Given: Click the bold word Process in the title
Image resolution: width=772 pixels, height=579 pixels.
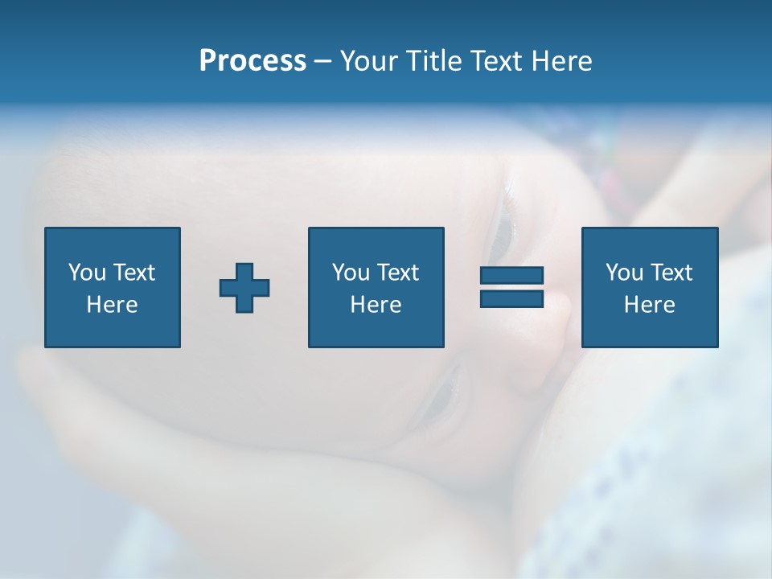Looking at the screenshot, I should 253,61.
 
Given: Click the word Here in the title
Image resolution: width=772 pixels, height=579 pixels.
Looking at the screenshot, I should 564,61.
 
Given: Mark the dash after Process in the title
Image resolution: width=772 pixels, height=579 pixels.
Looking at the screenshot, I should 322,62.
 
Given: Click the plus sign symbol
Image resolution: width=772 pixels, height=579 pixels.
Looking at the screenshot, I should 244,288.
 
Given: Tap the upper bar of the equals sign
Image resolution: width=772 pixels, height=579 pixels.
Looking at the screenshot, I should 511,276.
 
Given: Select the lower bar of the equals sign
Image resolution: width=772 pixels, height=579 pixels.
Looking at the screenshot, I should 511,298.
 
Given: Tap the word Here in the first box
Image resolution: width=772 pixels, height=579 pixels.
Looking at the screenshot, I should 112,305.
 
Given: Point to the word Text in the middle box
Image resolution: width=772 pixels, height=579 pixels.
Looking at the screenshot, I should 398,273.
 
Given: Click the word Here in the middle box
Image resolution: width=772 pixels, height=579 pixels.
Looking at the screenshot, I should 376,305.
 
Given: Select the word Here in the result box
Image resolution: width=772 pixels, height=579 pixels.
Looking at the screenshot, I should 649,305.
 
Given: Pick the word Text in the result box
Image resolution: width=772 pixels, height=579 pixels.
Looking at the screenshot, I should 671,273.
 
